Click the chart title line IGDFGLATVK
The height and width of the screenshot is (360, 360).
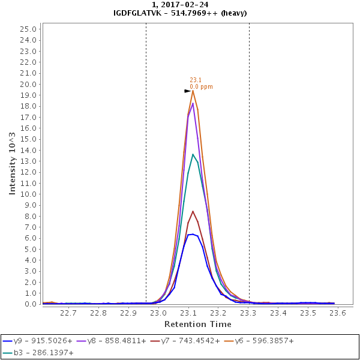(x=180, y=13)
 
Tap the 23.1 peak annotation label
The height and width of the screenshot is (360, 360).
(x=196, y=80)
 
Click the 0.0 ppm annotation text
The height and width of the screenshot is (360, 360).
(x=201, y=87)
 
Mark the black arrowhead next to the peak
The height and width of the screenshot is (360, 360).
(x=188, y=91)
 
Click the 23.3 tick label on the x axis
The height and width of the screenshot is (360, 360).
(x=248, y=313)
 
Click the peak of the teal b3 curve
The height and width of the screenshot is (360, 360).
(x=193, y=154)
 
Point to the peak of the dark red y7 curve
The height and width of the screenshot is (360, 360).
(x=193, y=211)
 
